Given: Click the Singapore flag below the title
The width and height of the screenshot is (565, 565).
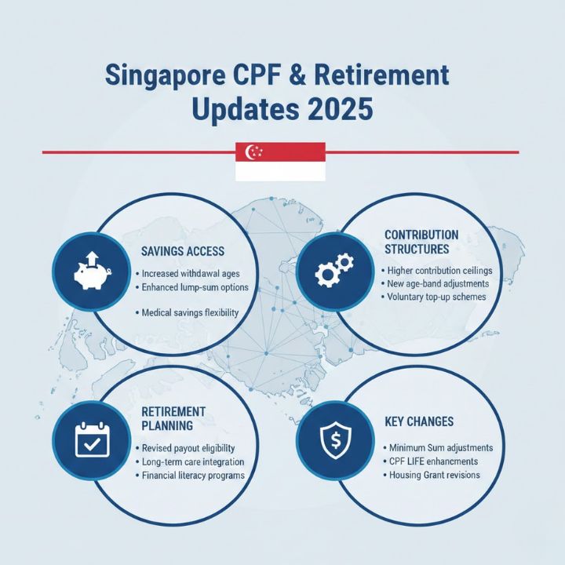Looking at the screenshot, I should [280, 162].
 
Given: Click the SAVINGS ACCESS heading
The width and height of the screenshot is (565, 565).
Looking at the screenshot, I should [182, 252].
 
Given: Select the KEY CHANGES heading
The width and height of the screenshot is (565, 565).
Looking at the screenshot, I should [419, 422].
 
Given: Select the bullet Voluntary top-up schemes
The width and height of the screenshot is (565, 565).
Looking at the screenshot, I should [436, 297].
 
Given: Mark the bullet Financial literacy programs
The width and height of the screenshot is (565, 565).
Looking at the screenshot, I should [193, 476].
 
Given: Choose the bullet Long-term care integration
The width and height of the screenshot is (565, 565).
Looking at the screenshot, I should [193, 461].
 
